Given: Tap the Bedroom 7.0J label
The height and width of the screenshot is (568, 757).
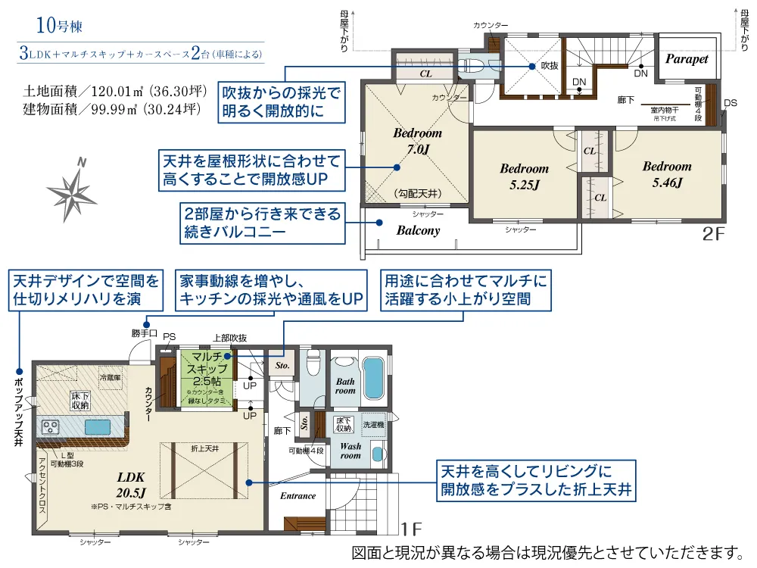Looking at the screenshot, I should pyautogui.click(x=417, y=142).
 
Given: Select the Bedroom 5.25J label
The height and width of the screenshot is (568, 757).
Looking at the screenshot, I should pyautogui.click(x=523, y=176).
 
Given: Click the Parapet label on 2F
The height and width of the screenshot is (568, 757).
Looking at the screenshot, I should pyautogui.click(x=686, y=59).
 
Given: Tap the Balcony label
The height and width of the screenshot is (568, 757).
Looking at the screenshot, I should pyautogui.click(x=418, y=230).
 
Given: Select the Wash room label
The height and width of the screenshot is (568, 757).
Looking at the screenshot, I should pyautogui.click(x=350, y=451).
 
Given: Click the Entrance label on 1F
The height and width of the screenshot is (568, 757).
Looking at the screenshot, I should pyautogui.click(x=298, y=496).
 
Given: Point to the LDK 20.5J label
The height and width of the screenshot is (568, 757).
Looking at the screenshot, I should pyautogui.click(x=136, y=485).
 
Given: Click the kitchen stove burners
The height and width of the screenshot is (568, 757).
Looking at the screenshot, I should pyautogui.click(x=51, y=427).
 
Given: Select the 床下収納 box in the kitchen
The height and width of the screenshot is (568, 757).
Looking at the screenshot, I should pyautogui.click(x=80, y=401).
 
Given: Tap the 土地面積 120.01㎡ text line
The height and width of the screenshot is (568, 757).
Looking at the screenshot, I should pyautogui.click(x=115, y=92).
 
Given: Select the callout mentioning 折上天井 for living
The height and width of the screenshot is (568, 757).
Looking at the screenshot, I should pyautogui.click(x=536, y=481).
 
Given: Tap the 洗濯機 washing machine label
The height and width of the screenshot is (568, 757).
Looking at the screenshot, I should pyautogui.click(x=374, y=426).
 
